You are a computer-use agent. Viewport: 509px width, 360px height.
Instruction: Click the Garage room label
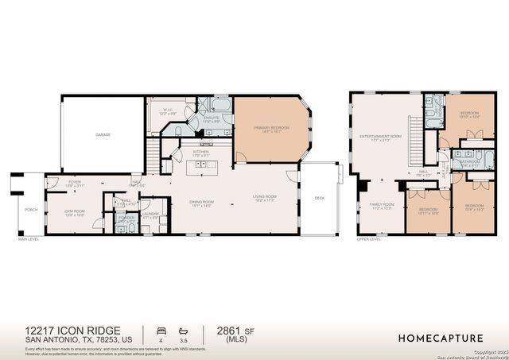[104, 135]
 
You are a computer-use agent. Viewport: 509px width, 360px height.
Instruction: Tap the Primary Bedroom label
[269, 129]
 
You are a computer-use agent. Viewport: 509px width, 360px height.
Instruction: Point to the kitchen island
[203, 168]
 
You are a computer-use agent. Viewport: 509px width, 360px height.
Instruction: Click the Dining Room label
[200, 203]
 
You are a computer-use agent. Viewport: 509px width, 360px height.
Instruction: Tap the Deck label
[320, 198]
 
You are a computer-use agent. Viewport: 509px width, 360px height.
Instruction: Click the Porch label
[31, 210]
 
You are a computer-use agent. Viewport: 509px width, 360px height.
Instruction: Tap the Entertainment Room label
[381, 137]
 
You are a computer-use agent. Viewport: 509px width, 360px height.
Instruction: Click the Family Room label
[382, 205]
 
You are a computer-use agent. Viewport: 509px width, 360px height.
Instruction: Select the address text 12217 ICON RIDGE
[62, 329]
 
